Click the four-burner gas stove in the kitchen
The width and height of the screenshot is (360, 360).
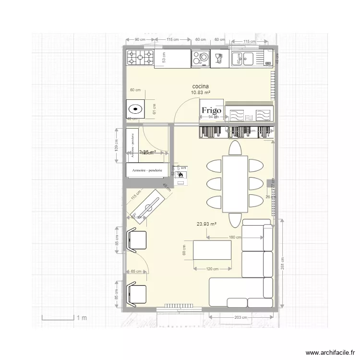pyautogui.click(x=140, y=58)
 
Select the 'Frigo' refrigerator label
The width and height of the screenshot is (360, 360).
pyautogui.click(x=211, y=110)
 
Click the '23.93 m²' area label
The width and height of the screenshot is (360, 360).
pyautogui.click(x=206, y=224)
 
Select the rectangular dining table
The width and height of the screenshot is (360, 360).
pyautogui.click(x=235, y=183)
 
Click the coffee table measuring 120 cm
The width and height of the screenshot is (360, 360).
pyautogui.click(x=212, y=250)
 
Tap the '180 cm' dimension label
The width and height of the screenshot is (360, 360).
pyautogui.click(x=234, y=237)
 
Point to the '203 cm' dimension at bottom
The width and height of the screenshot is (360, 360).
pyautogui.click(x=241, y=317)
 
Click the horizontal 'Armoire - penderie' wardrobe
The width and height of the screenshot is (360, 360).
pyautogui.click(x=146, y=170)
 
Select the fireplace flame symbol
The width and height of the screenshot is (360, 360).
pyautogui.click(x=181, y=176)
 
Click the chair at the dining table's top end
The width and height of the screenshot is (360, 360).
pyautogui.click(x=235, y=148)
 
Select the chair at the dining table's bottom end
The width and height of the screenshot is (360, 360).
pyautogui.click(x=235, y=219)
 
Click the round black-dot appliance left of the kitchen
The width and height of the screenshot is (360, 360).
pyautogui.click(x=136, y=109)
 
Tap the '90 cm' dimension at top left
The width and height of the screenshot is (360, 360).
pyautogui.click(x=140, y=40)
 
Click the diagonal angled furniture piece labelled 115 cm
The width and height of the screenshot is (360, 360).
pyautogui.click(x=149, y=206)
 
